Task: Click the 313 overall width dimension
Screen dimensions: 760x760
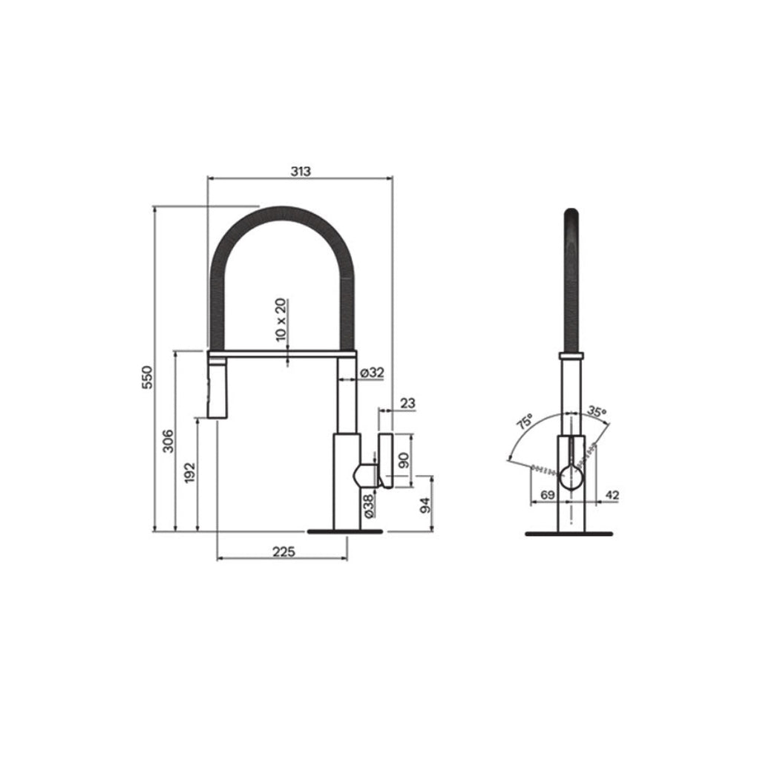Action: [300, 171]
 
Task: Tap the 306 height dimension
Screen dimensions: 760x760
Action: [168, 441]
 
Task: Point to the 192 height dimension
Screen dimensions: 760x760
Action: [190, 472]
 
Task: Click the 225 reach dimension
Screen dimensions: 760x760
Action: [284, 551]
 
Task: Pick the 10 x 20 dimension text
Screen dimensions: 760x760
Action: [281, 319]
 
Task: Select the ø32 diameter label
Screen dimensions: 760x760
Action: [371, 373]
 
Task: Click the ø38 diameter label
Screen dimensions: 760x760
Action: [369, 505]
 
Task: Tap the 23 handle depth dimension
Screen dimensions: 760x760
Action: [407, 403]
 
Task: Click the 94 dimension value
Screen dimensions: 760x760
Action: [425, 505]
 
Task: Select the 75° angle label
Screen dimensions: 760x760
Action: [525, 422]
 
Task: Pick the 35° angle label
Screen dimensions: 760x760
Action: [596, 410]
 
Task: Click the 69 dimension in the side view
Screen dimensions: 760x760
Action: [548, 494]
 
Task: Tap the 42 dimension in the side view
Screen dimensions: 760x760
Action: [613, 494]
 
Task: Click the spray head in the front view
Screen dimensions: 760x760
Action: [216, 387]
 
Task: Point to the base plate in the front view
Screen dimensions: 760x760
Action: [347, 531]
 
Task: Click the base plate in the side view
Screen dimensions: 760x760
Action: [569, 533]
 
